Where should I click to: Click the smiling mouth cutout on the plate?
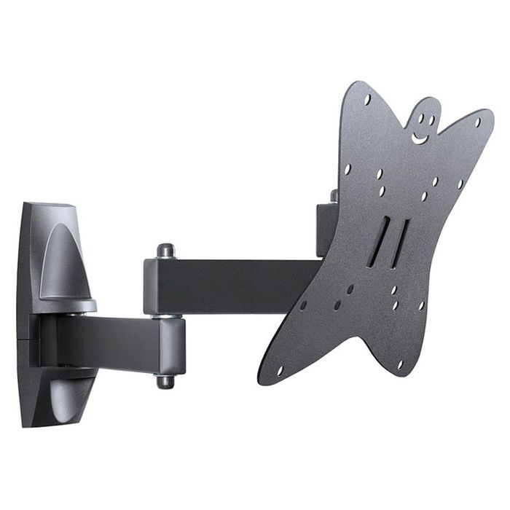420,137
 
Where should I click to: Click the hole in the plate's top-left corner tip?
366,98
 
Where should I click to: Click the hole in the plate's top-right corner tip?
479,122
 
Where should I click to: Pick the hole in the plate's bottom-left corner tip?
279,370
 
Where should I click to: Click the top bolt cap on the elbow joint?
166,250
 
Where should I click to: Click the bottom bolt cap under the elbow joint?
165,381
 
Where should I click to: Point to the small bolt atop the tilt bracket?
334,195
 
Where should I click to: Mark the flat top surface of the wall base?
51,207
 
